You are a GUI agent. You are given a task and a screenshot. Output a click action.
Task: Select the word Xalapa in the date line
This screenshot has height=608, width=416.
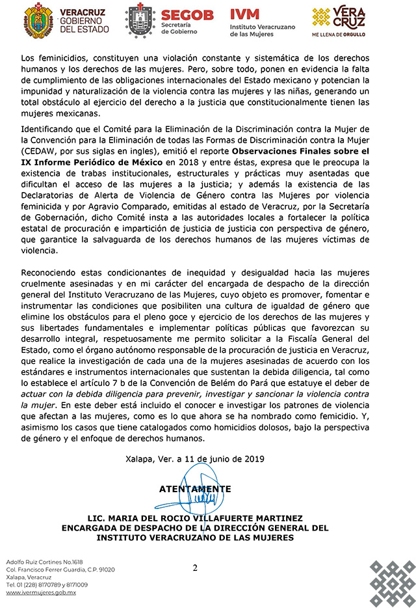141,458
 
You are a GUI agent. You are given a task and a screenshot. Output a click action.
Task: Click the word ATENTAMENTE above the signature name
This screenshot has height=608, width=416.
194,489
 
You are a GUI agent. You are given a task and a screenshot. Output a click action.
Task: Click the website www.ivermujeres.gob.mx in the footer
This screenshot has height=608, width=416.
41,592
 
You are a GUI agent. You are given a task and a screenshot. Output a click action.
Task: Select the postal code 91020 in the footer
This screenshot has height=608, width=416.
105,570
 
